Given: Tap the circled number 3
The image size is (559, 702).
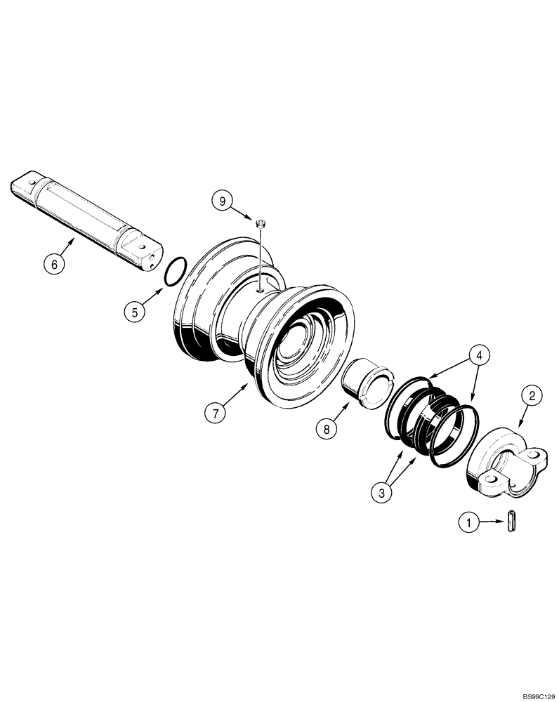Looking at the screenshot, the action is tap(381, 492).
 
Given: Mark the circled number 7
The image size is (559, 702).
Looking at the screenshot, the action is tap(216, 412).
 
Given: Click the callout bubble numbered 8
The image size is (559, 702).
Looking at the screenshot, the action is tap(326, 427).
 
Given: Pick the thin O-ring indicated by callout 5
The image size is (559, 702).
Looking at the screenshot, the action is tap(176, 272).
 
